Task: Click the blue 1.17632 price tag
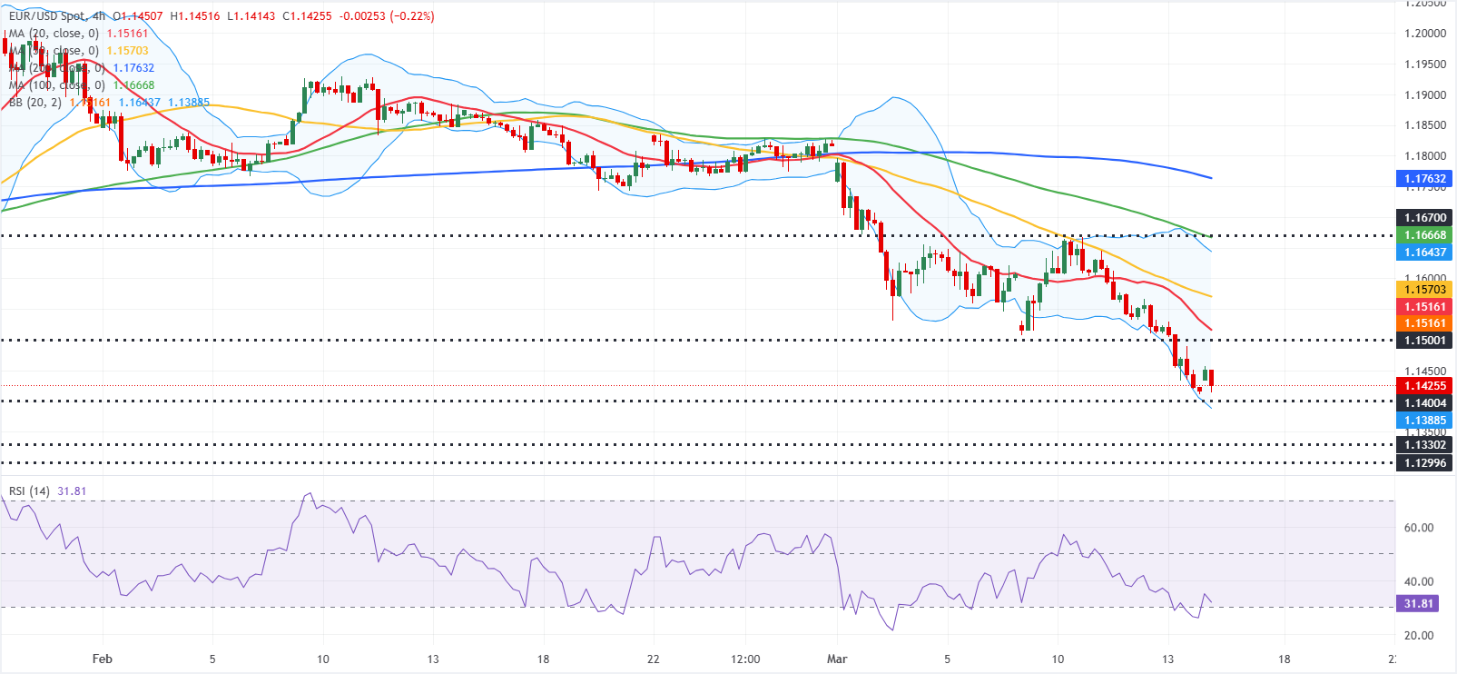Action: (1424, 178)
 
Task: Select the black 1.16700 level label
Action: (1424, 217)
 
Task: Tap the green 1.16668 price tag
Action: (1424, 234)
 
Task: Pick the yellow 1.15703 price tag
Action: (1424, 289)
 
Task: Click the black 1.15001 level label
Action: (1424, 340)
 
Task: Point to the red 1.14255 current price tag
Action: (1424, 385)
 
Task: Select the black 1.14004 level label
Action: (1424, 402)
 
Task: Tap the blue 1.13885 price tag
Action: (1424, 420)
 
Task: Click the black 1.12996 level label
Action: (1424, 462)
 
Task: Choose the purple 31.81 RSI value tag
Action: (1418, 603)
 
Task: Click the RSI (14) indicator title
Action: (29, 491)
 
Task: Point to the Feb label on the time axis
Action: (103, 659)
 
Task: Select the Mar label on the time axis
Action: (837, 659)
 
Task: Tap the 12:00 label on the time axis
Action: (744, 659)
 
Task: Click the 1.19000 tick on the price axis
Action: (1424, 94)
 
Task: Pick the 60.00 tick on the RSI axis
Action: (1418, 527)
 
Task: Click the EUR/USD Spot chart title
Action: (46, 15)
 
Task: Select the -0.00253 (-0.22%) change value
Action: (386, 15)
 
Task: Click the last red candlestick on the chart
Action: (1211, 378)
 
